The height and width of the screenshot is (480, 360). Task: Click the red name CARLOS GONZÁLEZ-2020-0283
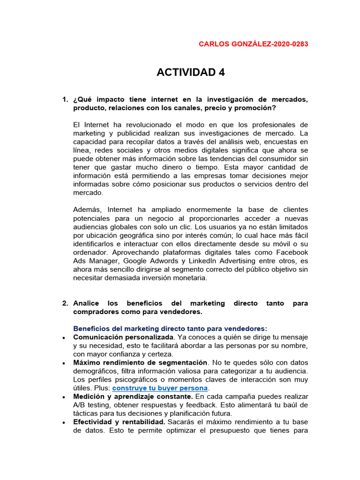click(254, 44)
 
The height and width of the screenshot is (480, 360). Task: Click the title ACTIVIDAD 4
click(190, 72)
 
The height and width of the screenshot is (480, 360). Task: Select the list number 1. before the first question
click(65, 99)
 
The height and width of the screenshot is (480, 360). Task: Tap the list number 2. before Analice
click(65, 303)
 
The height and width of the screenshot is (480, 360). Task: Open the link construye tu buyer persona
click(160, 388)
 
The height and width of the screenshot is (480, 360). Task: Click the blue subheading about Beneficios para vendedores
click(170, 329)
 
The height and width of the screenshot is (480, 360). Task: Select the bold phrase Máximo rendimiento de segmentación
click(140, 362)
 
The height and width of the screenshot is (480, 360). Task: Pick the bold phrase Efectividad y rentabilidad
click(119, 422)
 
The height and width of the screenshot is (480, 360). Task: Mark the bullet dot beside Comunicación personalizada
click(63, 337)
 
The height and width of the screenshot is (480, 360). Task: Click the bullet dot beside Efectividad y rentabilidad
click(63, 422)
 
